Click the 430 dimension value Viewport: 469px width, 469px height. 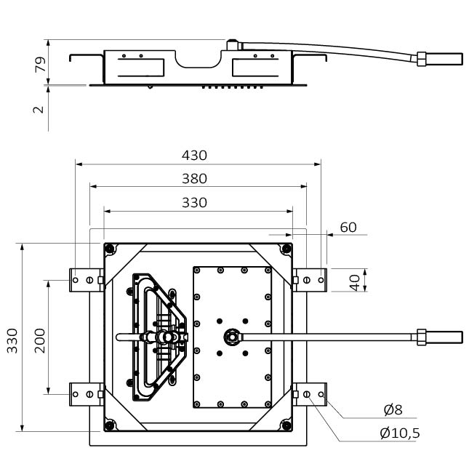click(194, 155)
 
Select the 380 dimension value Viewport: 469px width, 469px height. click(194, 178)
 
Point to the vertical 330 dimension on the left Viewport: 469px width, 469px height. click(13, 339)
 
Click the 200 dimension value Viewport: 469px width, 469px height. click(40, 339)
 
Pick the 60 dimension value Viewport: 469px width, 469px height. click(348, 227)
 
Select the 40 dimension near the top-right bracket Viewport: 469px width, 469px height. click(354, 281)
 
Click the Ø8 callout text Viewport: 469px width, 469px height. click(393, 409)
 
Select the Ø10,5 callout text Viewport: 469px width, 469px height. click(399, 433)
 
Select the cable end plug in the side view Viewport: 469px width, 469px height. click(443, 57)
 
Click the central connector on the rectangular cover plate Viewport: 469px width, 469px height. click(231, 336)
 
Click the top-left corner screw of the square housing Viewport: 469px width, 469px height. click(110, 249)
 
